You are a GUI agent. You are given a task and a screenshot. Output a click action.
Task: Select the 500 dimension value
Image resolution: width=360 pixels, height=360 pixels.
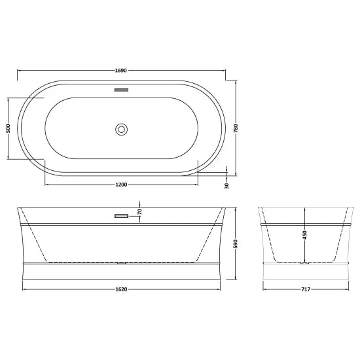[x=7, y=129]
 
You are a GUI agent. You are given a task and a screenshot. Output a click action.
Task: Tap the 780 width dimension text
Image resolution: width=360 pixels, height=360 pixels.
[x=236, y=129]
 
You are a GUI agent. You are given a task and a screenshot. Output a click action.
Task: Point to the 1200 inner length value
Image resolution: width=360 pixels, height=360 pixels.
[x=121, y=184]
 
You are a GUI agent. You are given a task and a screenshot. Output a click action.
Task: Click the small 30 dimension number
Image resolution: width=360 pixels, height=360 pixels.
[x=227, y=185]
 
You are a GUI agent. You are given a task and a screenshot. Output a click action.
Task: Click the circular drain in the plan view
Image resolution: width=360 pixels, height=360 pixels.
[x=121, y=129]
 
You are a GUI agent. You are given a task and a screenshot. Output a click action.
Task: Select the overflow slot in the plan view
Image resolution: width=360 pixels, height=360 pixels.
[x=121, y=90]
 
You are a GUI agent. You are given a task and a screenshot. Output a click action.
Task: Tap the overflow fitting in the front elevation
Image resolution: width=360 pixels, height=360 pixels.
[x=121, y=215]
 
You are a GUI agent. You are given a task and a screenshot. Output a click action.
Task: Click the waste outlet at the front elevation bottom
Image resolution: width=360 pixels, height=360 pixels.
[x=121, y=263]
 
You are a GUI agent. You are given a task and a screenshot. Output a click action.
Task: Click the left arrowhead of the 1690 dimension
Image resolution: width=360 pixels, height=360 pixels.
[x=19, y=70]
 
